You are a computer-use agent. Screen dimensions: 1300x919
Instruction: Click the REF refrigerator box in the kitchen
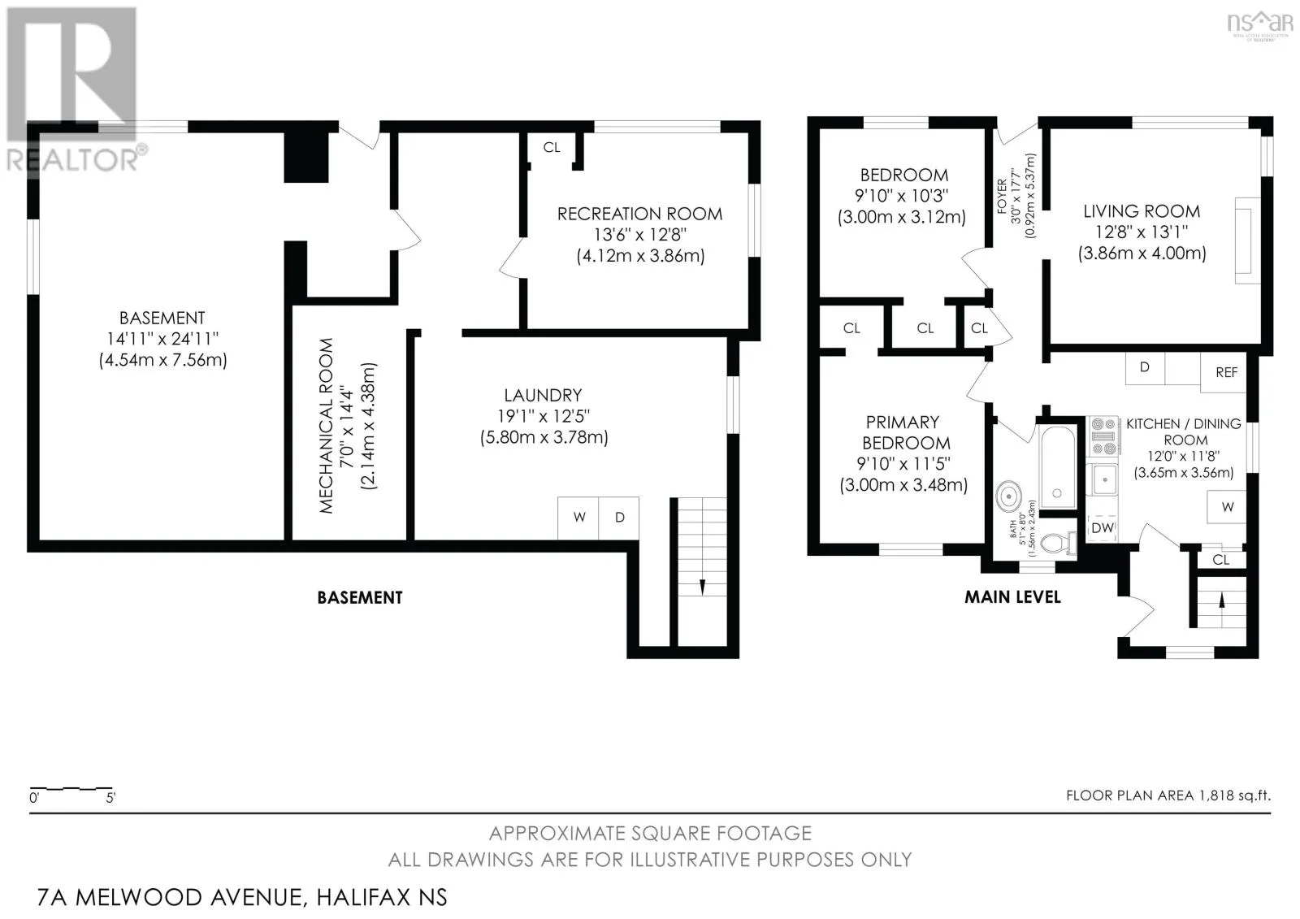tap(1224, 372)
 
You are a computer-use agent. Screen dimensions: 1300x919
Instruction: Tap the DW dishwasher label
tap(1102, 527)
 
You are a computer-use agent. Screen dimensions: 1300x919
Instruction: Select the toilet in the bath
tap(1058, 544)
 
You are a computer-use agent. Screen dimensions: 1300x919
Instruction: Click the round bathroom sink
tap(1009, 497)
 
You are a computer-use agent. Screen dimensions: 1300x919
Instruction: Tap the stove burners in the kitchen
tap(1103, 436)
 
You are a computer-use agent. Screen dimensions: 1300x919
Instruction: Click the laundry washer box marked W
tap(578, 518)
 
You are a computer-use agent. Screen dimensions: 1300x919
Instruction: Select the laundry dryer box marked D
tap(619, 518)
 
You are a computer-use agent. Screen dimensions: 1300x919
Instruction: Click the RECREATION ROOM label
tap(639, 215)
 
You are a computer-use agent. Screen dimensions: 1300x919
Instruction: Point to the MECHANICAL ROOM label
tap(326, 426)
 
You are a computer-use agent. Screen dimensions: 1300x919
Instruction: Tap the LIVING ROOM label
tap(1142, 211)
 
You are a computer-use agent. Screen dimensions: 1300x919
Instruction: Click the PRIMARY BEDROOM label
tap(903, 432)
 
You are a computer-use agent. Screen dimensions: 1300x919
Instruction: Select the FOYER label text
tap(1003, 196)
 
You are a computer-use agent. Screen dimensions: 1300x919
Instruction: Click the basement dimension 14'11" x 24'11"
tap(162, 339)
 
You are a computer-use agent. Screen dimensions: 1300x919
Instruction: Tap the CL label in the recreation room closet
tap(552, 147)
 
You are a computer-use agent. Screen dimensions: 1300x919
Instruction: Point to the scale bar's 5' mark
tap(110, 798)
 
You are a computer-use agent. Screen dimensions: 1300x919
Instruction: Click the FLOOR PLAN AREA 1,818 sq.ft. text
tap(1168, 796)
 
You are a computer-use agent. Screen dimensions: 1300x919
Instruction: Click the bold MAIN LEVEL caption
tap(1012, 596)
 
